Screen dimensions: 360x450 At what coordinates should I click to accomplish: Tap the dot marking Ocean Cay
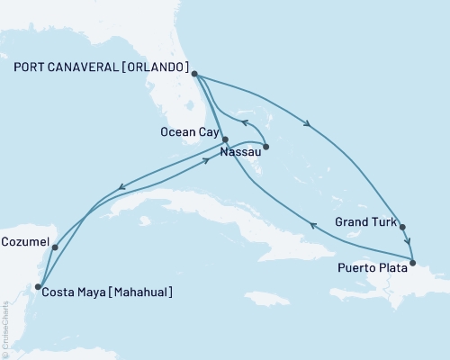225,139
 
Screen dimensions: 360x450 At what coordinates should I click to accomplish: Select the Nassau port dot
266,147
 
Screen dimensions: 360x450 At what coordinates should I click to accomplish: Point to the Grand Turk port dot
402,227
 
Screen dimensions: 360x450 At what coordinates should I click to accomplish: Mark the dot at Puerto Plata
412,263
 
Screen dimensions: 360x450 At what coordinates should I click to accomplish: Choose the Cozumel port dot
55,247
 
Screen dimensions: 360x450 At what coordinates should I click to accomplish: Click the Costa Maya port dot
37,287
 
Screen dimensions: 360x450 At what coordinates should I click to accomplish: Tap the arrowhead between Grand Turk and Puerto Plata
408,241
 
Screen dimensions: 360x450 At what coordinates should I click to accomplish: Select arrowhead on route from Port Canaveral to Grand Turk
309,125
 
